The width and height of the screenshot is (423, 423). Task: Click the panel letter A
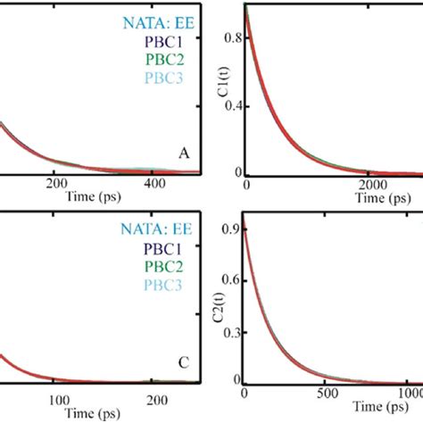tap(185, 154)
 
